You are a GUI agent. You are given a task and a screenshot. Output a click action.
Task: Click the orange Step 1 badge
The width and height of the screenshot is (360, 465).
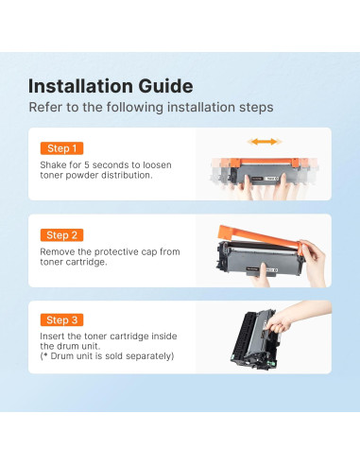pyautogui.click(x=61, y=148)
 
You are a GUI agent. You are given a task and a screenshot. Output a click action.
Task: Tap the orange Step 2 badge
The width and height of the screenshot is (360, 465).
pyautogui.click(x=61, y=235)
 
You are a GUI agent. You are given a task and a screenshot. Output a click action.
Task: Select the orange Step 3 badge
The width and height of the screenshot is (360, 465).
pyautogui.click(x=61, y=319)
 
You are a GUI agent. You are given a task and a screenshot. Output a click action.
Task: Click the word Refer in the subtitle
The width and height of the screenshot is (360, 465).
pyautogui.click(x=45, y=107)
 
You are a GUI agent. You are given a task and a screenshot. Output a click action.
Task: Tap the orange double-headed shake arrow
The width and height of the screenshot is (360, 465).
pyautogui.click(x=265, y=142)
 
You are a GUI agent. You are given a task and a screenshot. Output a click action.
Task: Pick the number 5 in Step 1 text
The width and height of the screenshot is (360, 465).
pyautogui.click(x=87, y=164)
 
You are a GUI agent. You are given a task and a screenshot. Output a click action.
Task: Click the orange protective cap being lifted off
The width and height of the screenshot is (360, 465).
pyautogui.click(x=260, y=237)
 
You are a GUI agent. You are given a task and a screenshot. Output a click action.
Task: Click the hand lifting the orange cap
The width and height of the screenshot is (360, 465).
pyautogui.click(x=312, y=263)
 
